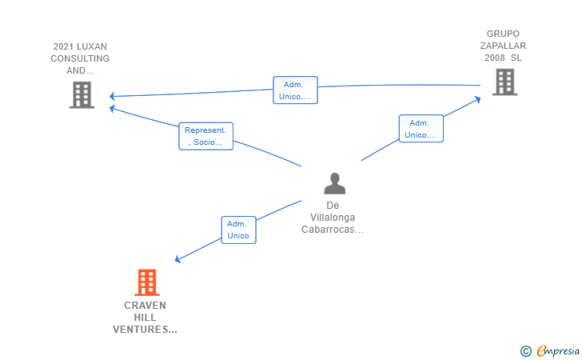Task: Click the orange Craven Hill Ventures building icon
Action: [146, 282]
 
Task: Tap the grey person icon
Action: [335, 183]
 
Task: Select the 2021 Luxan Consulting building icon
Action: [81, 94]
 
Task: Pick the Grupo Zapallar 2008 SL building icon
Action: [504, 82]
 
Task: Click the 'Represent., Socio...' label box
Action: [205, 136]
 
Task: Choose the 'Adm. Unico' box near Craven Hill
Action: [238, 230]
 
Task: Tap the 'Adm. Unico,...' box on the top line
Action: [295, 90]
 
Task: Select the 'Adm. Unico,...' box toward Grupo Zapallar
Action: [421, 129]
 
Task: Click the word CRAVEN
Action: [145, 306]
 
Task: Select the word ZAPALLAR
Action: [503, 46]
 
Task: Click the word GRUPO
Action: [503, 34]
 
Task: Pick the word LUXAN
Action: [91, 46]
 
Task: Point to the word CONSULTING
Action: [80, 58]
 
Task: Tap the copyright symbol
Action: [525, 350]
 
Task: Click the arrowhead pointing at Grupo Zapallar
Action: [477, 98]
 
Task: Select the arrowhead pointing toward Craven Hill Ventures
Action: [178, 259]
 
